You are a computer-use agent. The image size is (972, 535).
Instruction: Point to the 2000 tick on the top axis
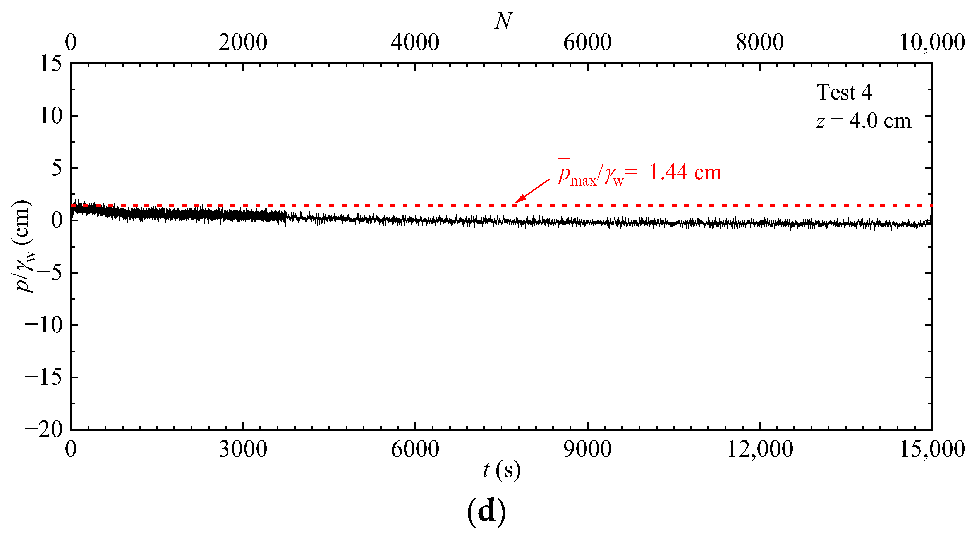point(243,43)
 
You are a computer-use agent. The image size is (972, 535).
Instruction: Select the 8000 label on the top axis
point(760,43)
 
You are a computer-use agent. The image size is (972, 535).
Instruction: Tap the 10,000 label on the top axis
point(931,43)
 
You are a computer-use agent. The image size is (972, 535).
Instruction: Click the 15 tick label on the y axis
point(51,63)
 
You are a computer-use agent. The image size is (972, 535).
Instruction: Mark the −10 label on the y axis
point(43,325)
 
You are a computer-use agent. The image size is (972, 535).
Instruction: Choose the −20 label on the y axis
point(43,429)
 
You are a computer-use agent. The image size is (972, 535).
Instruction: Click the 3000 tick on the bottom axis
point(243,449)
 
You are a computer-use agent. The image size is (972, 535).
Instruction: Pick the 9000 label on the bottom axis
point(587,449)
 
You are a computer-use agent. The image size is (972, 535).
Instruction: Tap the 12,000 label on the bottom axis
point(760,449)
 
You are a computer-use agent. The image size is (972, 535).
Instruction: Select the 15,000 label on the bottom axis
point(931,449)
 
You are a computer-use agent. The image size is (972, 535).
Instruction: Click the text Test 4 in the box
point(844,92)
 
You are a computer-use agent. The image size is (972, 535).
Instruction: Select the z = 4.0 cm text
point(863,120)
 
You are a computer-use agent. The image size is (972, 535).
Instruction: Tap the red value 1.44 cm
point(685,172)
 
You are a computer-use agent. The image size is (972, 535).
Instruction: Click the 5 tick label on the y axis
point(57,168)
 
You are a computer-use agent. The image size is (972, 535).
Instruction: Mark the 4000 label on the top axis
point(415,43)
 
